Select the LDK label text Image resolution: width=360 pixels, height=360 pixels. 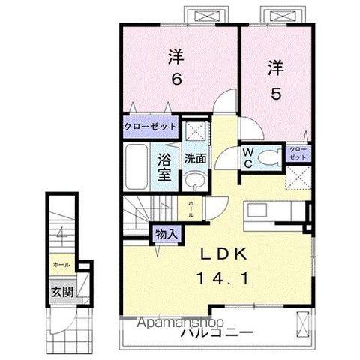pyautogui.click(x=221, y=254)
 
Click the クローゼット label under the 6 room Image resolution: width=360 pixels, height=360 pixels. pyautogui.click(x=151, y=127)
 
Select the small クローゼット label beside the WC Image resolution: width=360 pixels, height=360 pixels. pyautogui.click(x=298, y=154)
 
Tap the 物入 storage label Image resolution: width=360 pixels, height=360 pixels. pyautogui.click(x=166, y=234)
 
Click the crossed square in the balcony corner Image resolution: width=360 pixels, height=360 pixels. pyautogui.click(x=301, y=323)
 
